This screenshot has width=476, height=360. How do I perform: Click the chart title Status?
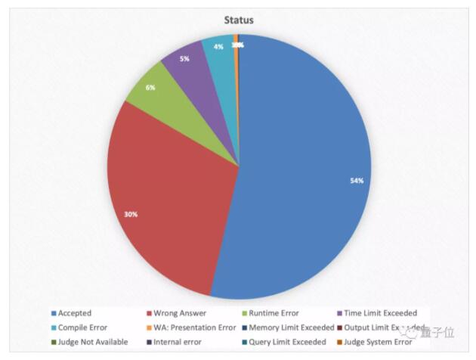pyautogui.click(x=239, y=20)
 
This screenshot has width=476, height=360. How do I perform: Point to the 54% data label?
pyautogui.click(x=357, y=180)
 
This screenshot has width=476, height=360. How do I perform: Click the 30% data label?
pyautogui.click(x=131, y=214)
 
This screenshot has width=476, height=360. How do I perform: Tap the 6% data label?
pyautogui.click(x=151, y=87)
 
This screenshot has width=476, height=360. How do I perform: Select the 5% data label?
pyautogui.click(x=184, y=58)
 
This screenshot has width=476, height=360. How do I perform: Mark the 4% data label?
pyautogui.click(x=218, y=47)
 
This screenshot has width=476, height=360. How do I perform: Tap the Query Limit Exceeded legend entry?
pyautogui.click(x=284, y=342)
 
